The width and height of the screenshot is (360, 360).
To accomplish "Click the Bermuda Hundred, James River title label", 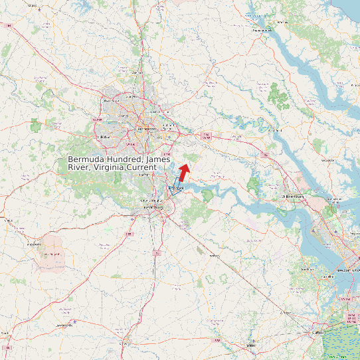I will point(120,163).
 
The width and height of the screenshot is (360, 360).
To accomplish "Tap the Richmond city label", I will point(146,129).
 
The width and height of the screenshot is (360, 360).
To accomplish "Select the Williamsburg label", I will point(292,197).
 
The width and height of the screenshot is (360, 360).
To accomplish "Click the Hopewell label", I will point(175,189).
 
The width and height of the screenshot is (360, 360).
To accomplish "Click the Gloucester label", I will point(327,159).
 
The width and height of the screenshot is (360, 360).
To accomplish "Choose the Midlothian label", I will point(103,136).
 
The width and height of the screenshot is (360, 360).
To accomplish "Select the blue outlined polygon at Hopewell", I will point(175,187).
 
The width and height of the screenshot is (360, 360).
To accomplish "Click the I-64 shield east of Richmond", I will point(207,135).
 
